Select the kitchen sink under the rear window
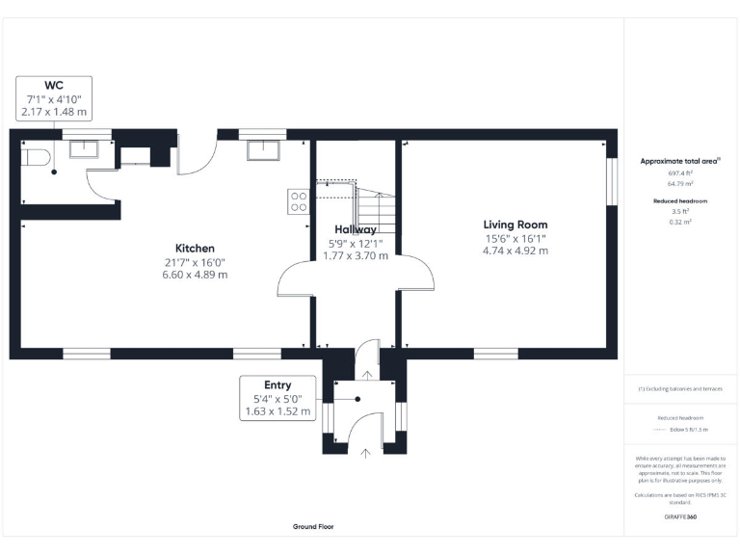(x=263, y=148)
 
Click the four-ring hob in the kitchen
(x=299, y=201)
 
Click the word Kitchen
(x=195, y=249)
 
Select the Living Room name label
(x=515, y=225)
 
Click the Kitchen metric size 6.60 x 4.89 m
(x=195, y=275)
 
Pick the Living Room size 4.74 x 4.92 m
(x=515, y=251)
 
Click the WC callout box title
(x=54, y=85)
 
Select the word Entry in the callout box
(x=277, y=384)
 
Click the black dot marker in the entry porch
(x=357, y=399)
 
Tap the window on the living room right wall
(x=611, y=181)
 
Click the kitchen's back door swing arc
(x=198, y=159)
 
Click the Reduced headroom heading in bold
(x=680, y=200)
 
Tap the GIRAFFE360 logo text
(x=680, y=517)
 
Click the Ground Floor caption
(x=313, y=527)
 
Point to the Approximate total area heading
(x=680, y=160)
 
